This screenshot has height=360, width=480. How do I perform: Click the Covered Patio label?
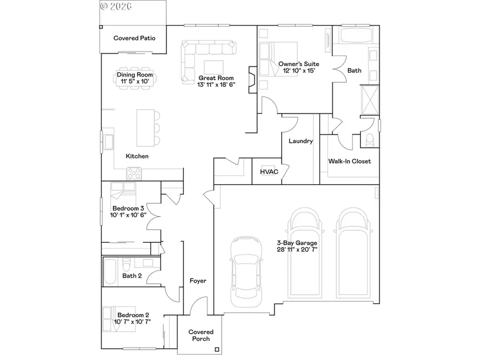(133, 38)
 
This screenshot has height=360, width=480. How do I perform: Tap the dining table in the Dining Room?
(135, 78)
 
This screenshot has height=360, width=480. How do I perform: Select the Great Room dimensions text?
(216, 84)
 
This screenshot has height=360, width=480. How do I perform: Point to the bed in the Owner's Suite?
(275, 60)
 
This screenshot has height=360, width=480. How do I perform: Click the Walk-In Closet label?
(349, 161)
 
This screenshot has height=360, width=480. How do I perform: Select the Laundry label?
(300, 141)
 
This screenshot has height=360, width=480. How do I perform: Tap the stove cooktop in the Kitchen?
(134, 173)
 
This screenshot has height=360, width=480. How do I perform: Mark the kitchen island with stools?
(145, 127)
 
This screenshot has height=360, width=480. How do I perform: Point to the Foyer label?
(198, 281)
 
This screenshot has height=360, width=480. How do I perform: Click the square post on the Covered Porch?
(217, 350)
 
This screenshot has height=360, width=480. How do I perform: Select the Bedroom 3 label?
(127, 208)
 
